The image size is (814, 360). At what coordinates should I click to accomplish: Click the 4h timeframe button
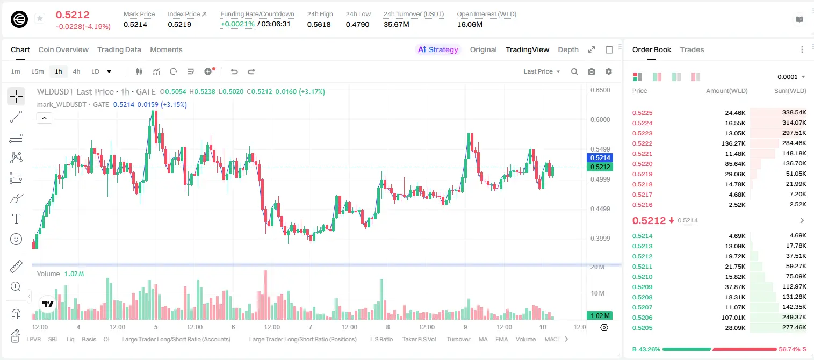tap(76, 71)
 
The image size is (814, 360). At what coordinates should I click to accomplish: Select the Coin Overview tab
tap(63, 49)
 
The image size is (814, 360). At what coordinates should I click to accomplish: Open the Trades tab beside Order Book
tap(691, 49)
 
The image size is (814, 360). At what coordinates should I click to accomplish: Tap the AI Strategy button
tap(438, 49)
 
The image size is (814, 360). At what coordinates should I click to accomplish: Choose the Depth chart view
tap(568, 49)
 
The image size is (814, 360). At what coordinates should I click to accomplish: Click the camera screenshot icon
tap(592, 71)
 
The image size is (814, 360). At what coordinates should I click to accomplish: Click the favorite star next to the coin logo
tap(40, 18)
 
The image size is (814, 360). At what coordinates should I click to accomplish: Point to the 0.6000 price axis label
tap(600, 119)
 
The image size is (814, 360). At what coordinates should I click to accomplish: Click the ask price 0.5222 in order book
tap(642, 143)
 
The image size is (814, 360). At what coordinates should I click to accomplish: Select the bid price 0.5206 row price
tap(642, 318)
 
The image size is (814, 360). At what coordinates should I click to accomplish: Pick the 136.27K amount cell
tap(733, 143)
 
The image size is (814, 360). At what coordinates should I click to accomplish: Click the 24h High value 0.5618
tap(319, 24)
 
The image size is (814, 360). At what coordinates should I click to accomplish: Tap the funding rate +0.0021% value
tap(237, 24)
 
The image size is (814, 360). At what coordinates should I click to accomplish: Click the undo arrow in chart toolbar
tap(234, 71)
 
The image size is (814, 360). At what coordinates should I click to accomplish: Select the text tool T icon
tap(16, 219)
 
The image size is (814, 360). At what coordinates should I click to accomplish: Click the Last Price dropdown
tap(542, 71)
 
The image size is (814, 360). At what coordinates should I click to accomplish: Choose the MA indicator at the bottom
tap(483, 339)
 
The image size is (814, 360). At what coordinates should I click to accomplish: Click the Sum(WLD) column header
tap(790, 91)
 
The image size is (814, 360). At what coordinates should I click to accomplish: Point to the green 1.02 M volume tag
tap(600, 316)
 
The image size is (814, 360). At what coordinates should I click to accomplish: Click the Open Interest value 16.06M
tap(470, 24)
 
